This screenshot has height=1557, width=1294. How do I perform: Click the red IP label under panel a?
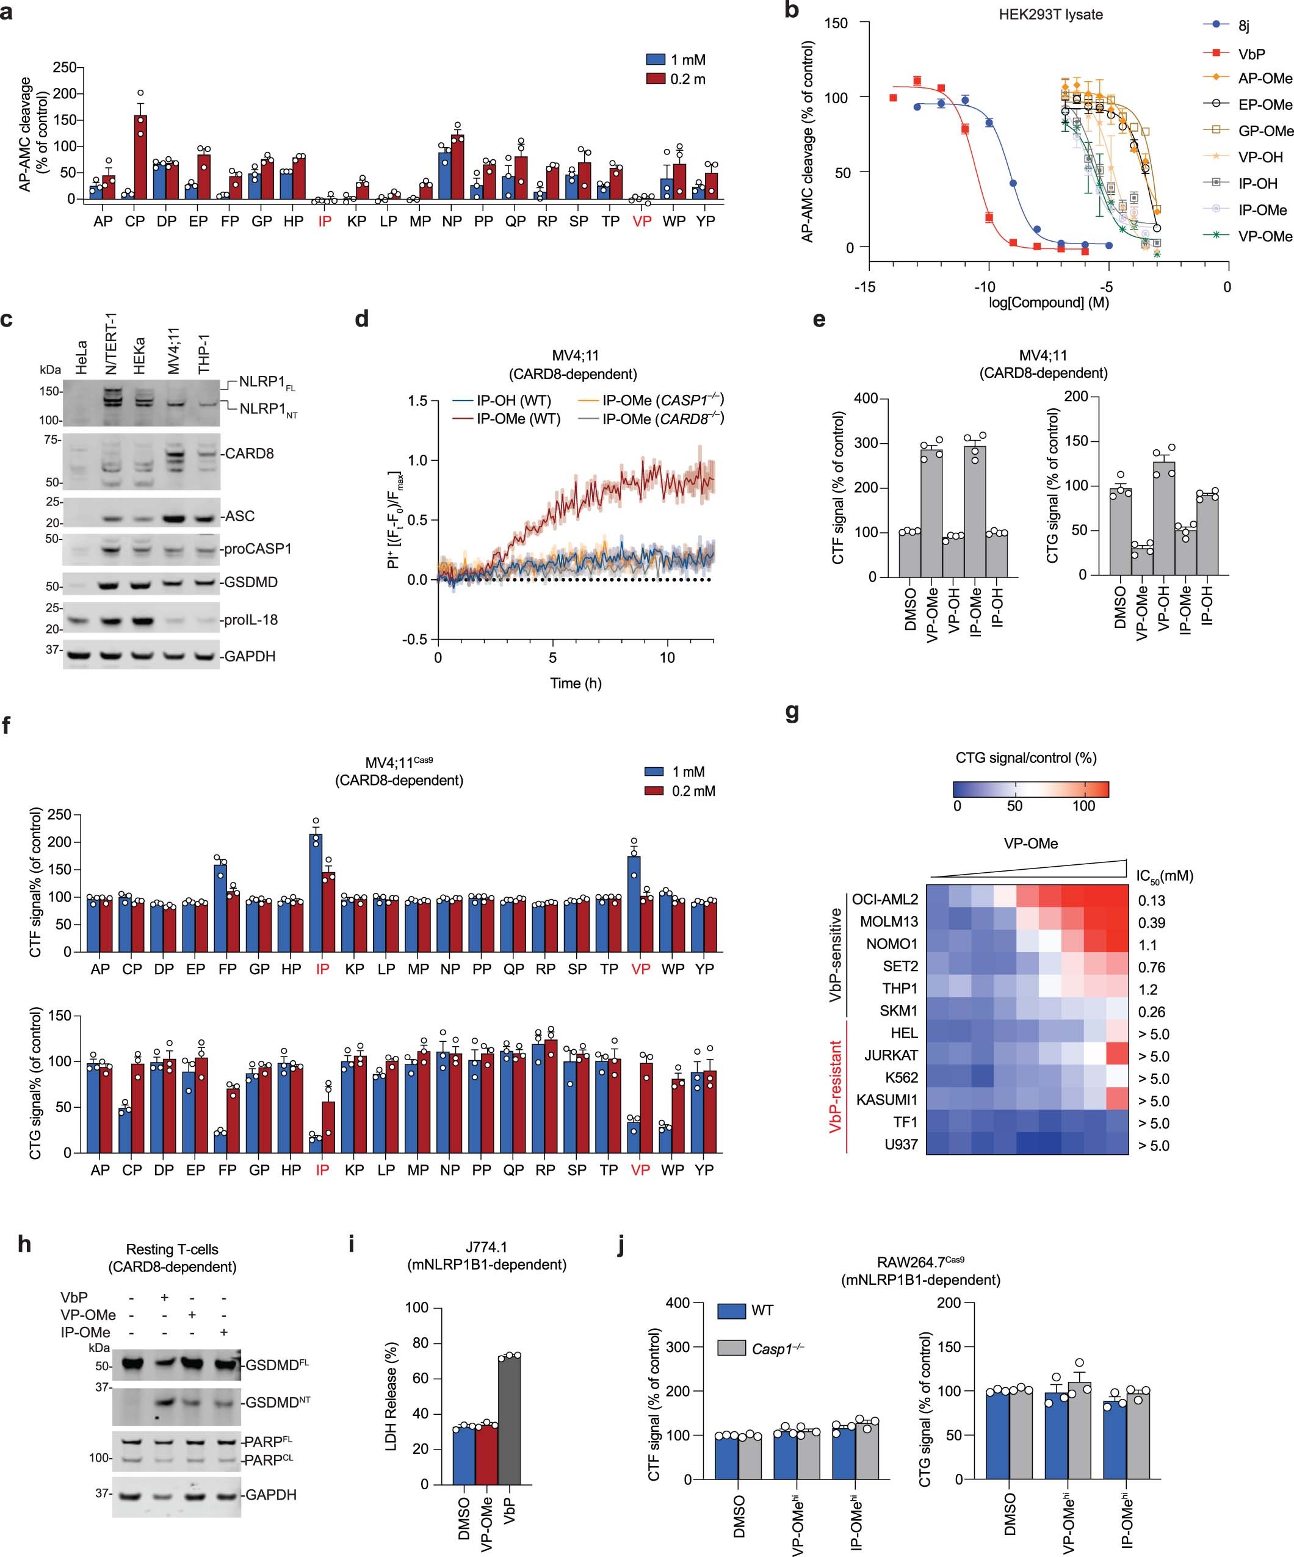[x=324, y=221]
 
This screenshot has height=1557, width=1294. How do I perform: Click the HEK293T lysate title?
[x=1050, y=14]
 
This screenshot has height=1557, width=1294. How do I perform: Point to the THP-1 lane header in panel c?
[x=204, y=355]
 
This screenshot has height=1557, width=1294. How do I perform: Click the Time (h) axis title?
[x=576, y=683]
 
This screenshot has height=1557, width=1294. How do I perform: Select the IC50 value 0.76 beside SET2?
[x=1152, y=967]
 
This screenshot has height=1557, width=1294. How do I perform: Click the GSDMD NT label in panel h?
[x=277, y=1401]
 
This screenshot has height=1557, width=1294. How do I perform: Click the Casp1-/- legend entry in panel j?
[x=777, y=1349]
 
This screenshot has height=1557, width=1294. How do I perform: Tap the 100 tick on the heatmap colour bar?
[x=1083, y=806]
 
